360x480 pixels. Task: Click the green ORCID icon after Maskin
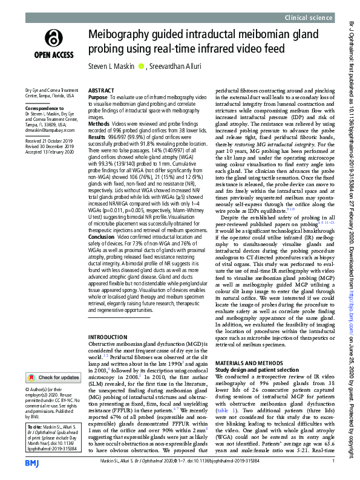(142, 66)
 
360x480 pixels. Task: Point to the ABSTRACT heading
(101, 89)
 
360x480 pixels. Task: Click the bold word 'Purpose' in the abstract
(98, 97)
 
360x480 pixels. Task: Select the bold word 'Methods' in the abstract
(99, 123)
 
